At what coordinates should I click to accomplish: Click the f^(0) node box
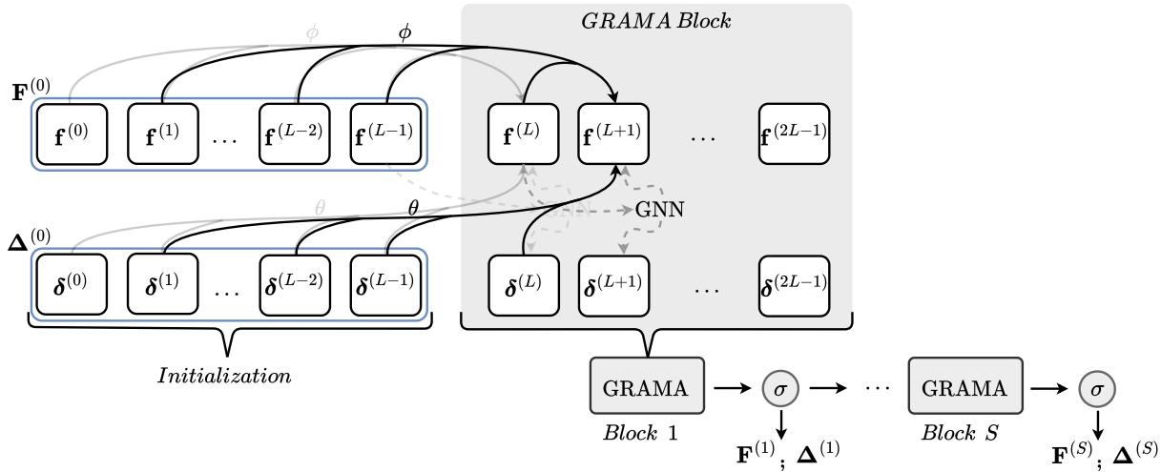[x=71, y=133]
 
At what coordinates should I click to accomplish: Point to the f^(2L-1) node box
[x=793, y=133]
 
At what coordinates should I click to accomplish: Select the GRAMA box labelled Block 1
[x=647, y=387]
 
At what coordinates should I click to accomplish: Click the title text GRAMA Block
[x=656, y=19]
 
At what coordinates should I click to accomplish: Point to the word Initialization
[x=224, y=376]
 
